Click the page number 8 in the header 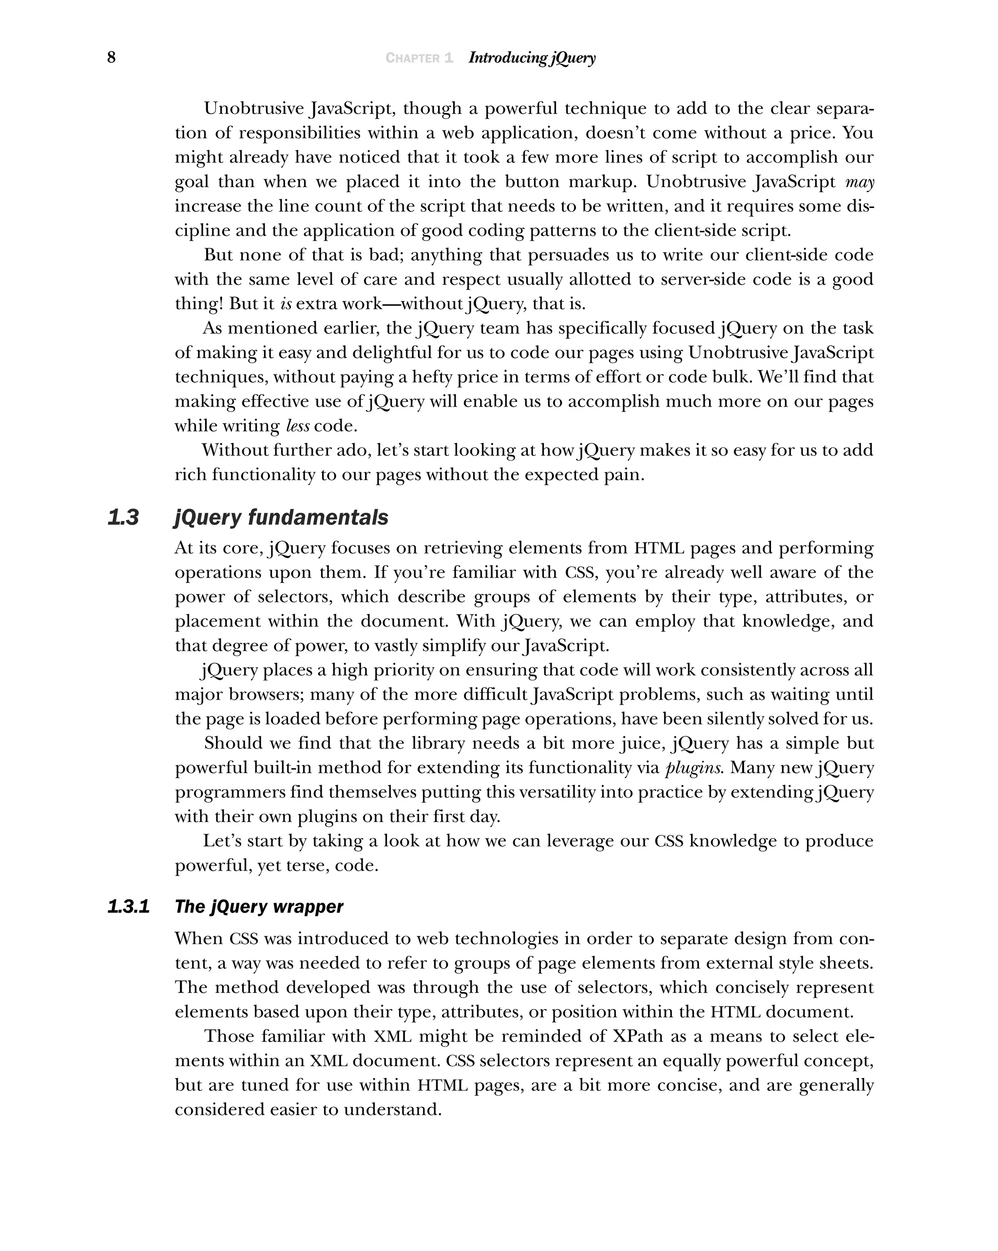pyautogui.click(x=112, y=57)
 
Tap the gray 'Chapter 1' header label pyautogui.click(x=419, y=58)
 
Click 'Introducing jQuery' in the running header pyautogui.click(x=531, y=58)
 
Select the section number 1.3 pyautogui.click(x=123, y=517)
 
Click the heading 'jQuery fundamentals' pyautogui.click(x=281, y=517)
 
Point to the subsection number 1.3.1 pyautogui.click(x=128, y=906)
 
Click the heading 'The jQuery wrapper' pyautogui.click(x=259, y=906)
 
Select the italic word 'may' pyautogui.click(x=859, y=182)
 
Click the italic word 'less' pyautogui.click(x=297, y=426)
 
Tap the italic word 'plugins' pyautogui.click(x=693, y=767)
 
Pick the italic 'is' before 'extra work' pyautogui.click(x=286, y=304)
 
